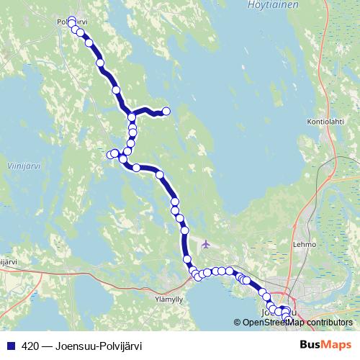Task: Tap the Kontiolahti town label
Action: click(x=326, y=121)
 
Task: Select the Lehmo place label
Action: click(x=305, y=244)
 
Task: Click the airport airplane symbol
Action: click(x=207, y=243)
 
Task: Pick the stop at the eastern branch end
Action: click(x=166, y=111)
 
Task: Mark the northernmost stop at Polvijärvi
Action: click(x=71, y=20)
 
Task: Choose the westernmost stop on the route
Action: click(x=110, y=154)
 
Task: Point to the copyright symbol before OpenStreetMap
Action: click(x=238, y=322)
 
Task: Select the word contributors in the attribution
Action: click(x=330, y=322)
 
